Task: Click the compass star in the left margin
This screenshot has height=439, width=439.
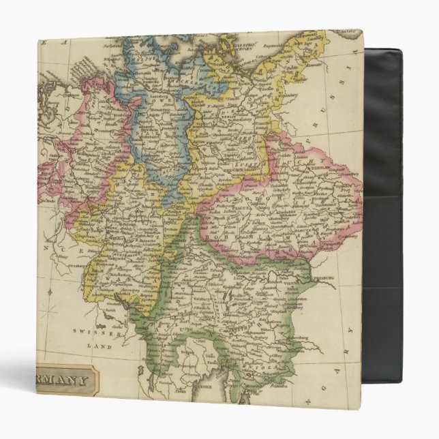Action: click(49, 315)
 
